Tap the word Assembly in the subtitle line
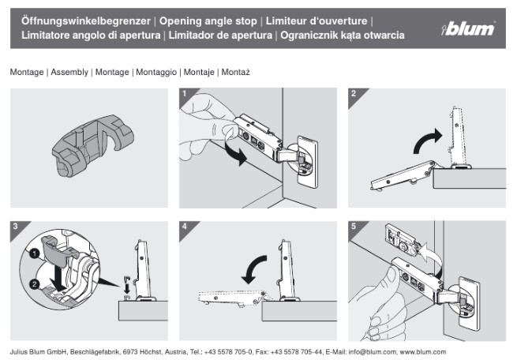[x=69, y=72]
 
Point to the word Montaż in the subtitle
[x=235, y=72]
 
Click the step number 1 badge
[x=185, y=94]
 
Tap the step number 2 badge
[x=353, y=94]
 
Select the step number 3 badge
[x=16, y=227]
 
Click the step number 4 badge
[x=185, y=227]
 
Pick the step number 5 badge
[x=353, y=227]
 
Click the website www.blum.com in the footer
[x=423, y=351]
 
